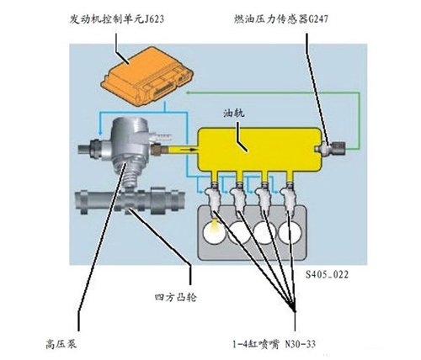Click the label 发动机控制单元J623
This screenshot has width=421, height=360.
coord(117,19)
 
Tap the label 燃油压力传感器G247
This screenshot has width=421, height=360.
coord(281,19)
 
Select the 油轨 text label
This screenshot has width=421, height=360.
coord(234,113)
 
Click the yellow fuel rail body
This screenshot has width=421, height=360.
coord(258,149)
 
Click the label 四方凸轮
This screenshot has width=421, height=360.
coord(176,297)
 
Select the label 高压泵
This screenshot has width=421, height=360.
coord(61,344)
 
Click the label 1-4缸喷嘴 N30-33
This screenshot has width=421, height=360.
coord(274,344)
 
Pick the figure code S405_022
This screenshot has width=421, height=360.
coord(327,274)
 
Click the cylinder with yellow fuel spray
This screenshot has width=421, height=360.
coord(215,231)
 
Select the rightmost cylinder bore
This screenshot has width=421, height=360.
coord(290,232)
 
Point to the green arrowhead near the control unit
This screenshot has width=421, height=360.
coord(189,93)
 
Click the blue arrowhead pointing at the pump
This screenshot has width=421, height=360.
coord(99,133)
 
